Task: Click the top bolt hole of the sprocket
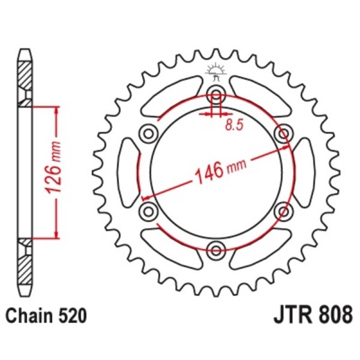coord(216,94)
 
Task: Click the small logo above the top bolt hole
coord(215,71)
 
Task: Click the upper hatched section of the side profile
coord(24,78)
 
